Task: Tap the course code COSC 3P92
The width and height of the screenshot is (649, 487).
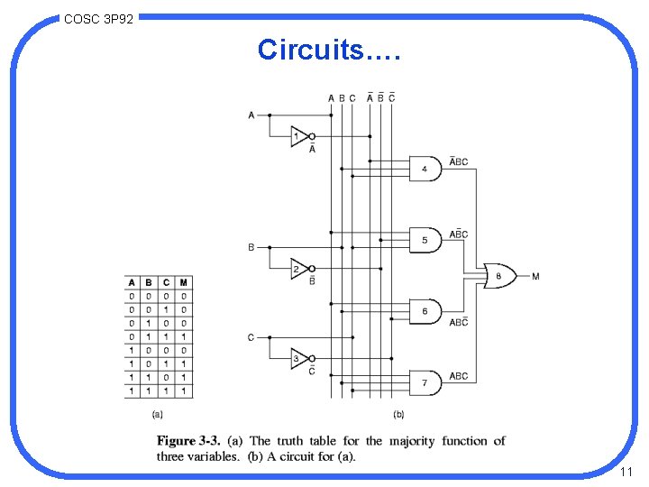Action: point(99,17)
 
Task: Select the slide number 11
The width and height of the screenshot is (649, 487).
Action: point(626,473)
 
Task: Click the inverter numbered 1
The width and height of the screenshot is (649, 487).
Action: point(299,137)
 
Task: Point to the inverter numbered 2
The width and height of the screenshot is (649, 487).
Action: point(299,268)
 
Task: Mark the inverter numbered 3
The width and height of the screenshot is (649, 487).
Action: point(299,358)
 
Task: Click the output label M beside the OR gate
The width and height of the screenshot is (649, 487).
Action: point(535,276)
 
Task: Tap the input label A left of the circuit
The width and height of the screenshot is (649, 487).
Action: point(251,115)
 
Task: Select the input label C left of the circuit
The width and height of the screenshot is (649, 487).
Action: point(251,337)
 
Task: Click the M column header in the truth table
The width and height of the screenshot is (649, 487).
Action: point(184,282)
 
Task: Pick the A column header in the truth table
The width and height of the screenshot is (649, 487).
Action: point(133,282)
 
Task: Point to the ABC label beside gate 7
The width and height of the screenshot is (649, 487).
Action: point(458,376)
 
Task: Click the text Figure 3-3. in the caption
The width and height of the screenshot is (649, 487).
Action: point(188,441)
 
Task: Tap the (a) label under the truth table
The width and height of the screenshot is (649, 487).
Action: point(157,415)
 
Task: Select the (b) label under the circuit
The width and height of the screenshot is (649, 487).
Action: point(398,415)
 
